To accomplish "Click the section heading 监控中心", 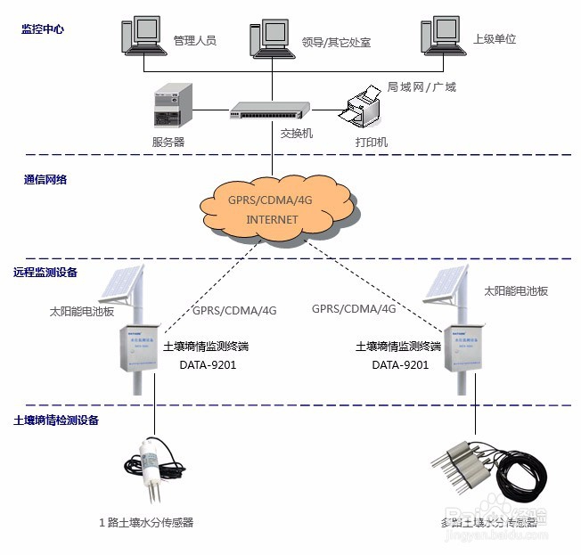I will pyautogui.click(x=43, y=29).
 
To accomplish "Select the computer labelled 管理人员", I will pyautogui.click(x=144, y=37).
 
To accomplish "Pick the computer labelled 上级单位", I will pyautogui.click(x=443, y=37).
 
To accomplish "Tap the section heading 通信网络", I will pyautogui.click(x=45, y=179).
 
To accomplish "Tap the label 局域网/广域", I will pyautogui.click(x=421, y=87).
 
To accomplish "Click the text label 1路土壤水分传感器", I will pyautogui.click(x=146, y=523).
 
